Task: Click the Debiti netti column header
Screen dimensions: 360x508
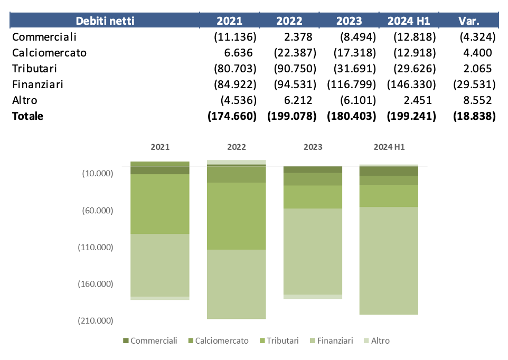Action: [x=105, y=21]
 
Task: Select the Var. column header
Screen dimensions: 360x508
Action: [x=469, y=21]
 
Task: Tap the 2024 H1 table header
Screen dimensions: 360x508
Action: [x=409, y=21]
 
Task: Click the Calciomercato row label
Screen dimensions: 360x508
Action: [x=49, y=53]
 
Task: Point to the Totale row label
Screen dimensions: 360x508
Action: [x=27, y=116]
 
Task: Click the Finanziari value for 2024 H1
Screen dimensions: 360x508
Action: [x=411, y=84]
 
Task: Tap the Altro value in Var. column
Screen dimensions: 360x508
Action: [x=477, y=100]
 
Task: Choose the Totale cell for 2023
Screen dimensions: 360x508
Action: [x=350, y=116]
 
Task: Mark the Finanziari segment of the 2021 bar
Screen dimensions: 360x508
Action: [x=160, y=265]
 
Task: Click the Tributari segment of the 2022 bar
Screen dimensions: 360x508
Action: [x=236, y=216]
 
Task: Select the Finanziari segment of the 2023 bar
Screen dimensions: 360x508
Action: [x=313, y=251]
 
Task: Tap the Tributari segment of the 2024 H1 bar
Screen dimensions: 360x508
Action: [x=389, y=196]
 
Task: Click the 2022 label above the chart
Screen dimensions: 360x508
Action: [x=236, y=147]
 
